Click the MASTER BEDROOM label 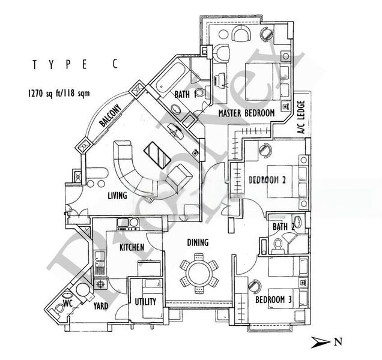(x=246, y=113)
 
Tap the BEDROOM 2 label (x=266, y=179)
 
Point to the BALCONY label (x=111, y=115)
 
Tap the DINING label (x=197, y=243)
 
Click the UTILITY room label (x=146, y=302)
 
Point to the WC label (x=68, y=304)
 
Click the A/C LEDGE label (x=302, y=118)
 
